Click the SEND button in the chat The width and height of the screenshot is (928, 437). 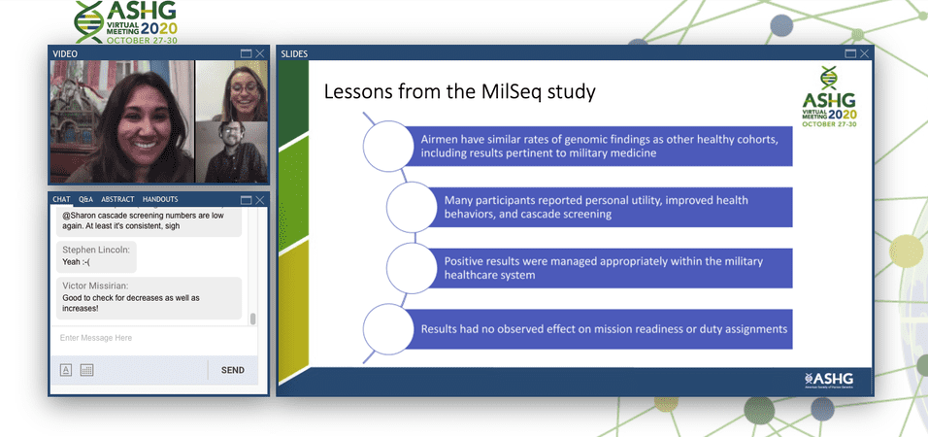click(x=233, y=370)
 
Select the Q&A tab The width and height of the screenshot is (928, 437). click(x=85, y=199)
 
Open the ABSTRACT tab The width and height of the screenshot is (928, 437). click(x=117, y=199)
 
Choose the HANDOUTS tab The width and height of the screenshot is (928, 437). click(x=160, y=199)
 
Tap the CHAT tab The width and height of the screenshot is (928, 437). click(x=61, y=199)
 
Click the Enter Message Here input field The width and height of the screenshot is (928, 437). click(x=154, y=338)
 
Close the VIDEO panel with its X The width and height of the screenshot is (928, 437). click(x=260, y=53)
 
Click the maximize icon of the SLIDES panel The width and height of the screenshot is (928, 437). click(x=850, y=53)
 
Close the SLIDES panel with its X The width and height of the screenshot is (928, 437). click(x=865, y=53)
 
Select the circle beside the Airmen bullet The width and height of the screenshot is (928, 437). click(x=388, y=146)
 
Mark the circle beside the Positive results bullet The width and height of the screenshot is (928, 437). click(x=412, y=268)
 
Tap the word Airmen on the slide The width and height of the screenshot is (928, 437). click(x=440, y=140)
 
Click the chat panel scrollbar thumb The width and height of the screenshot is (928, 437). click(x=253, y=319)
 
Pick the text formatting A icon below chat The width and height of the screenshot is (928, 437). click(x=66, y=370)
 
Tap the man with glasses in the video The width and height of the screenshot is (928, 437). click(x=231, y=151)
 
